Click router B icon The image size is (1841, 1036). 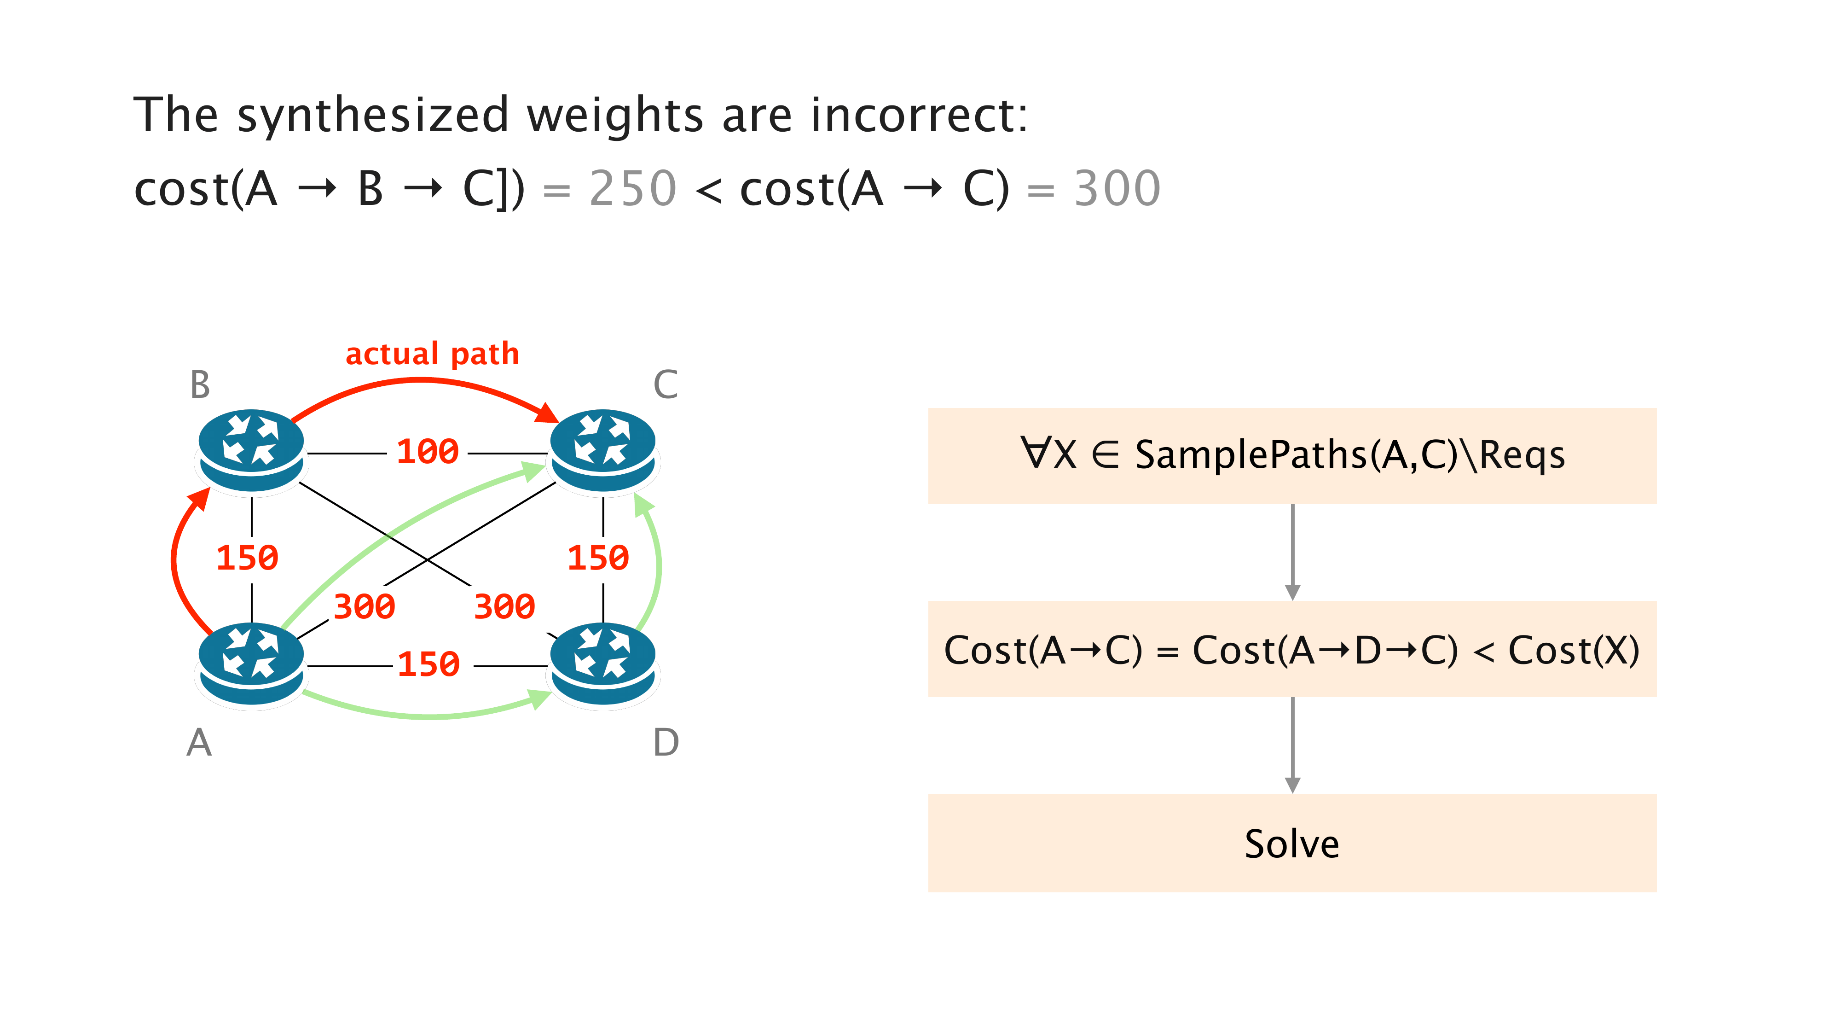[x=251, y=450]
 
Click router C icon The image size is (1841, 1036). [x=602, y=450]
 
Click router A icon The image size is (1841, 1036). [x=251, y=664]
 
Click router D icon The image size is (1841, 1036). [x=602, y=664]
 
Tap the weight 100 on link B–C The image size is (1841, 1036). [x=428, y=452]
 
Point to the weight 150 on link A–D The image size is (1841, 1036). [x=428, y=665]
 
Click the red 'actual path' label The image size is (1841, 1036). [x=432, y=354]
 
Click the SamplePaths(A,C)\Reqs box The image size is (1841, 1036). [x=1291, y=455]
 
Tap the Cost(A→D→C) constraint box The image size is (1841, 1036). [x=1291, y=649]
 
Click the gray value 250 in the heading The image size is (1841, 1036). [x=632, y=189]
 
